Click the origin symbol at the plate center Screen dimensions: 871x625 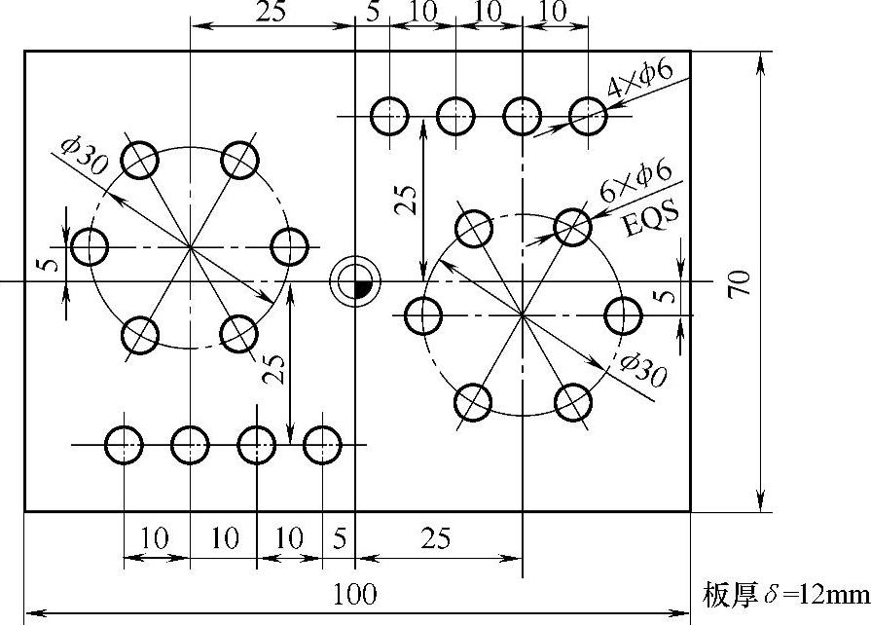pyautogui.click(x=355, y=282)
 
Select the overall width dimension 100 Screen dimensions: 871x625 pyautogui.click(x=355, y=593)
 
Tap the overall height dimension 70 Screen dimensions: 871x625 pyautogui.click(x=737, y=283)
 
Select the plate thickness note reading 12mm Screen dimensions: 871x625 pyautogui.click(x=783, y=593)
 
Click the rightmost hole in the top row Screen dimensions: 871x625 pyautogui.click(x=588, y=116)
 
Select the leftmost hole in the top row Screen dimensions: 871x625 pyautogui.click(x=389, y=116)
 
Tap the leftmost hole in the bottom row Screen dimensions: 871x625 pyautogui.click(x=124, y=445)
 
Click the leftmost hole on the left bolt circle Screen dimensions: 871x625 pyautogui.click(x=91, y=247)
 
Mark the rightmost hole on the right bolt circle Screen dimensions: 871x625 pyautogui.click(x=622, y=315)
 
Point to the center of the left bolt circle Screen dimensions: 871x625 pyautogui.click(x=191, y=247)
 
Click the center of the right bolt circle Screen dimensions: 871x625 pyautogui.click(x=523, y=315)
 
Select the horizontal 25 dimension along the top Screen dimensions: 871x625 pyautogui.click(x=273, y=13)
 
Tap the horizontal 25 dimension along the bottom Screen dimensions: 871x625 pyautogui.click(x=436, y=537)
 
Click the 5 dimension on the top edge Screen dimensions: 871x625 pyautogui.click(x=373, y=13)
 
